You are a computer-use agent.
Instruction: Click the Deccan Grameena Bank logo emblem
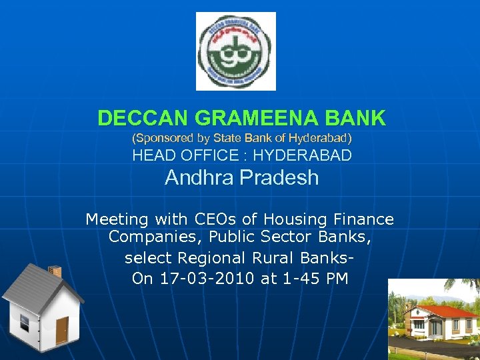pyautogui.click(x=235, y=51)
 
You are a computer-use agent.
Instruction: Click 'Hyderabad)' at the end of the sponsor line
pyautogui.click(x=323, y=138)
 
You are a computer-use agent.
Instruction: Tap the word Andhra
pyautogui.click(x=197, y=178)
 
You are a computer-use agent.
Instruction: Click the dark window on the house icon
pyautogui.click(x=25, y=323)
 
